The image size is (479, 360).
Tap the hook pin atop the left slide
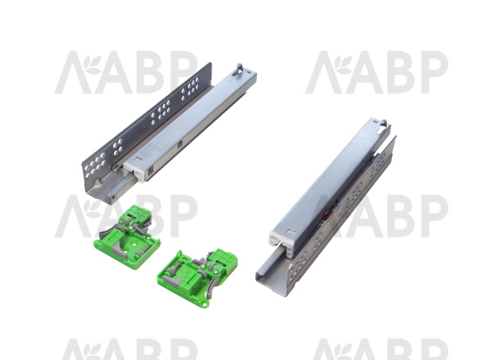tap(239, 69)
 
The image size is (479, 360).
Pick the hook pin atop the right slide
tap(382, 125)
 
